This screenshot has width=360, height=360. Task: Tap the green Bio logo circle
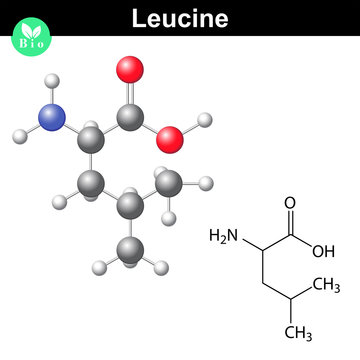pyautogui.click(x=28, y=41)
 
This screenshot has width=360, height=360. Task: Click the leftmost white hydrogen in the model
pyautogui.click(x=17, y=131)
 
